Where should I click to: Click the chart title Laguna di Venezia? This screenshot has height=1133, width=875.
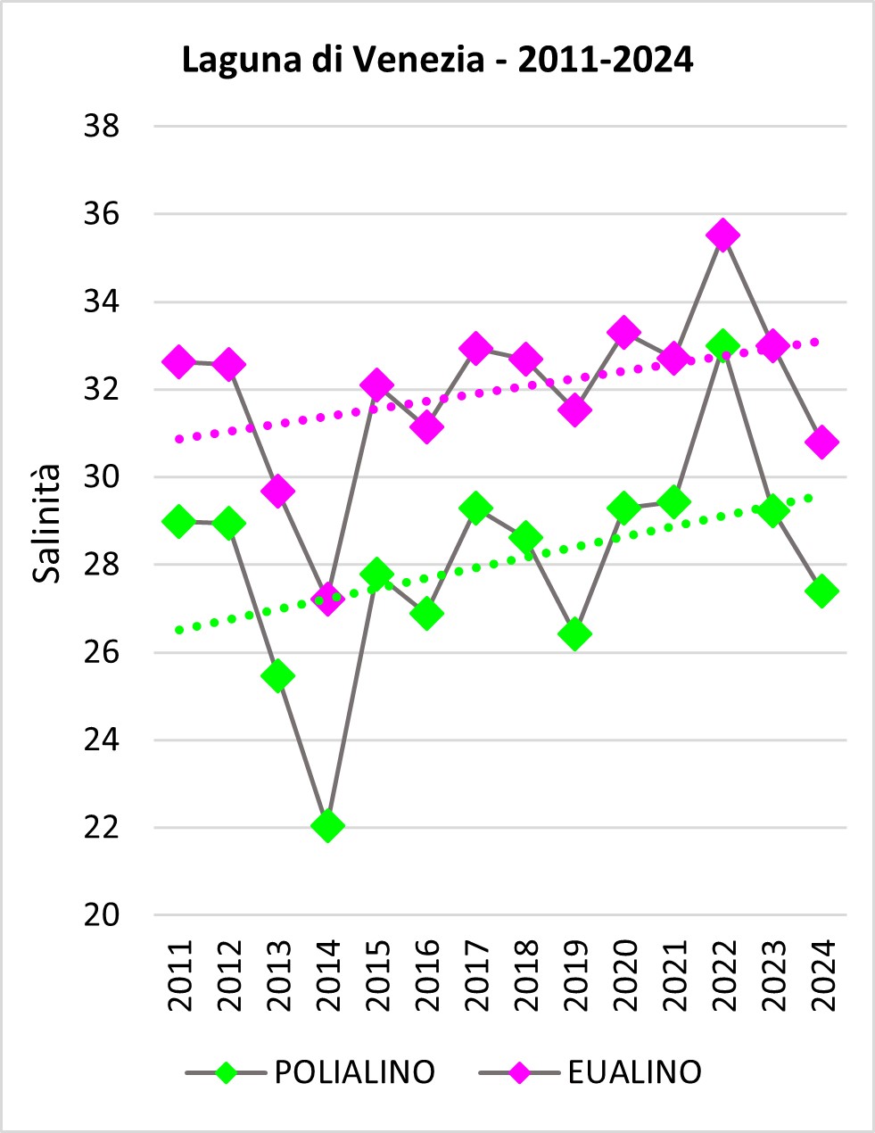pos(437,61)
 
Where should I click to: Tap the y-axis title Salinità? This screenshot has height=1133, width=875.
pos(47,525)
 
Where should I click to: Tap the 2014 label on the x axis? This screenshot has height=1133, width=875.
pos(327,975)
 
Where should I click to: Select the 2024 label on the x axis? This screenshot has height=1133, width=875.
pos(821,975)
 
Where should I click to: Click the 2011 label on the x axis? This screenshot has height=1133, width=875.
pos(179,975)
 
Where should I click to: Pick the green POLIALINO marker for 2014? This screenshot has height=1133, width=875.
pos(327,825)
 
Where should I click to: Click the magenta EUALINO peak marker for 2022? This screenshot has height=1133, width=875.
pos(723,236)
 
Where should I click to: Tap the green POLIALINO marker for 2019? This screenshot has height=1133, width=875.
pos(574,634)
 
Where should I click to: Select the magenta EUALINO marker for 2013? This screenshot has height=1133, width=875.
pos(277,491)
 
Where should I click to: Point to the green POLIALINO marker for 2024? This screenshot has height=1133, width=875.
pos(821,591)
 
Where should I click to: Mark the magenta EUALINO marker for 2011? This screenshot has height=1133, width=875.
pos(179,361)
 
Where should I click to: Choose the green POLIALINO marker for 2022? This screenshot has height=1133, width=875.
pos(723,344)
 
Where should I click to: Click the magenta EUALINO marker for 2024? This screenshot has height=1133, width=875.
pos(821,442)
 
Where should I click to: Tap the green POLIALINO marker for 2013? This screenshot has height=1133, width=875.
pos(277,675)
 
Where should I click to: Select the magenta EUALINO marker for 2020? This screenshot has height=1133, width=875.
pos(624,333)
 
